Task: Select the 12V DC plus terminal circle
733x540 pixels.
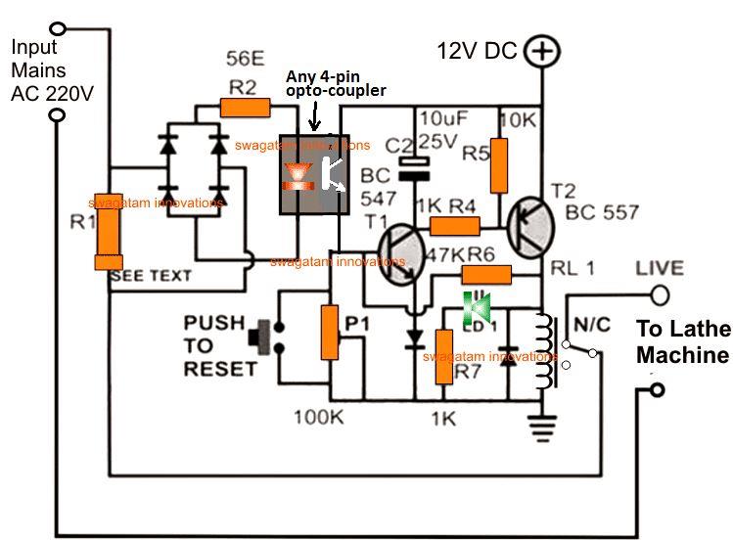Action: [x=539, y=52]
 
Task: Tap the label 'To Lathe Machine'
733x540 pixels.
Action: [x=684, y=341]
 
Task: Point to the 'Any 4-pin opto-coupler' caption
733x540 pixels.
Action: [x=336, y=84]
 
